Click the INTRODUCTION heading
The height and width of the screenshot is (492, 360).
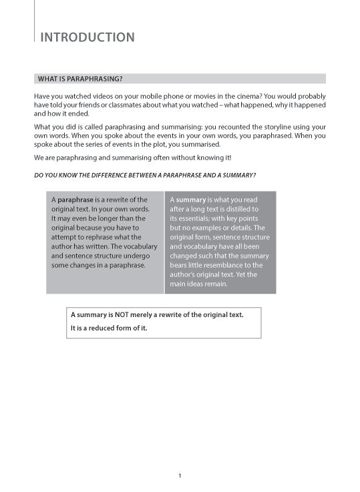coord(87,37)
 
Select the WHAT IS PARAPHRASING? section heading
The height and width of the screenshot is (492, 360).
coord(84,78)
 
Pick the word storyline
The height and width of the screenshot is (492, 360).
coord(268,126)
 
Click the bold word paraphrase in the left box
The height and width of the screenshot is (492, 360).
coord(75,200)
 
